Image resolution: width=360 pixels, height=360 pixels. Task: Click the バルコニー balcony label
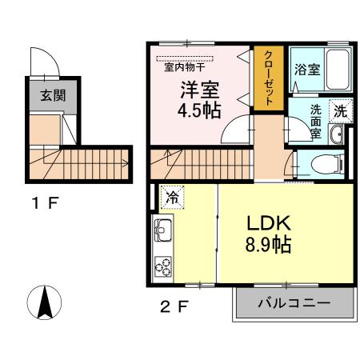coord(294,303)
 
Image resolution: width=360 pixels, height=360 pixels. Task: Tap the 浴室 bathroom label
coord(306,69)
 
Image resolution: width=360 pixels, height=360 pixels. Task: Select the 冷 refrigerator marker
coord(171,195)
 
